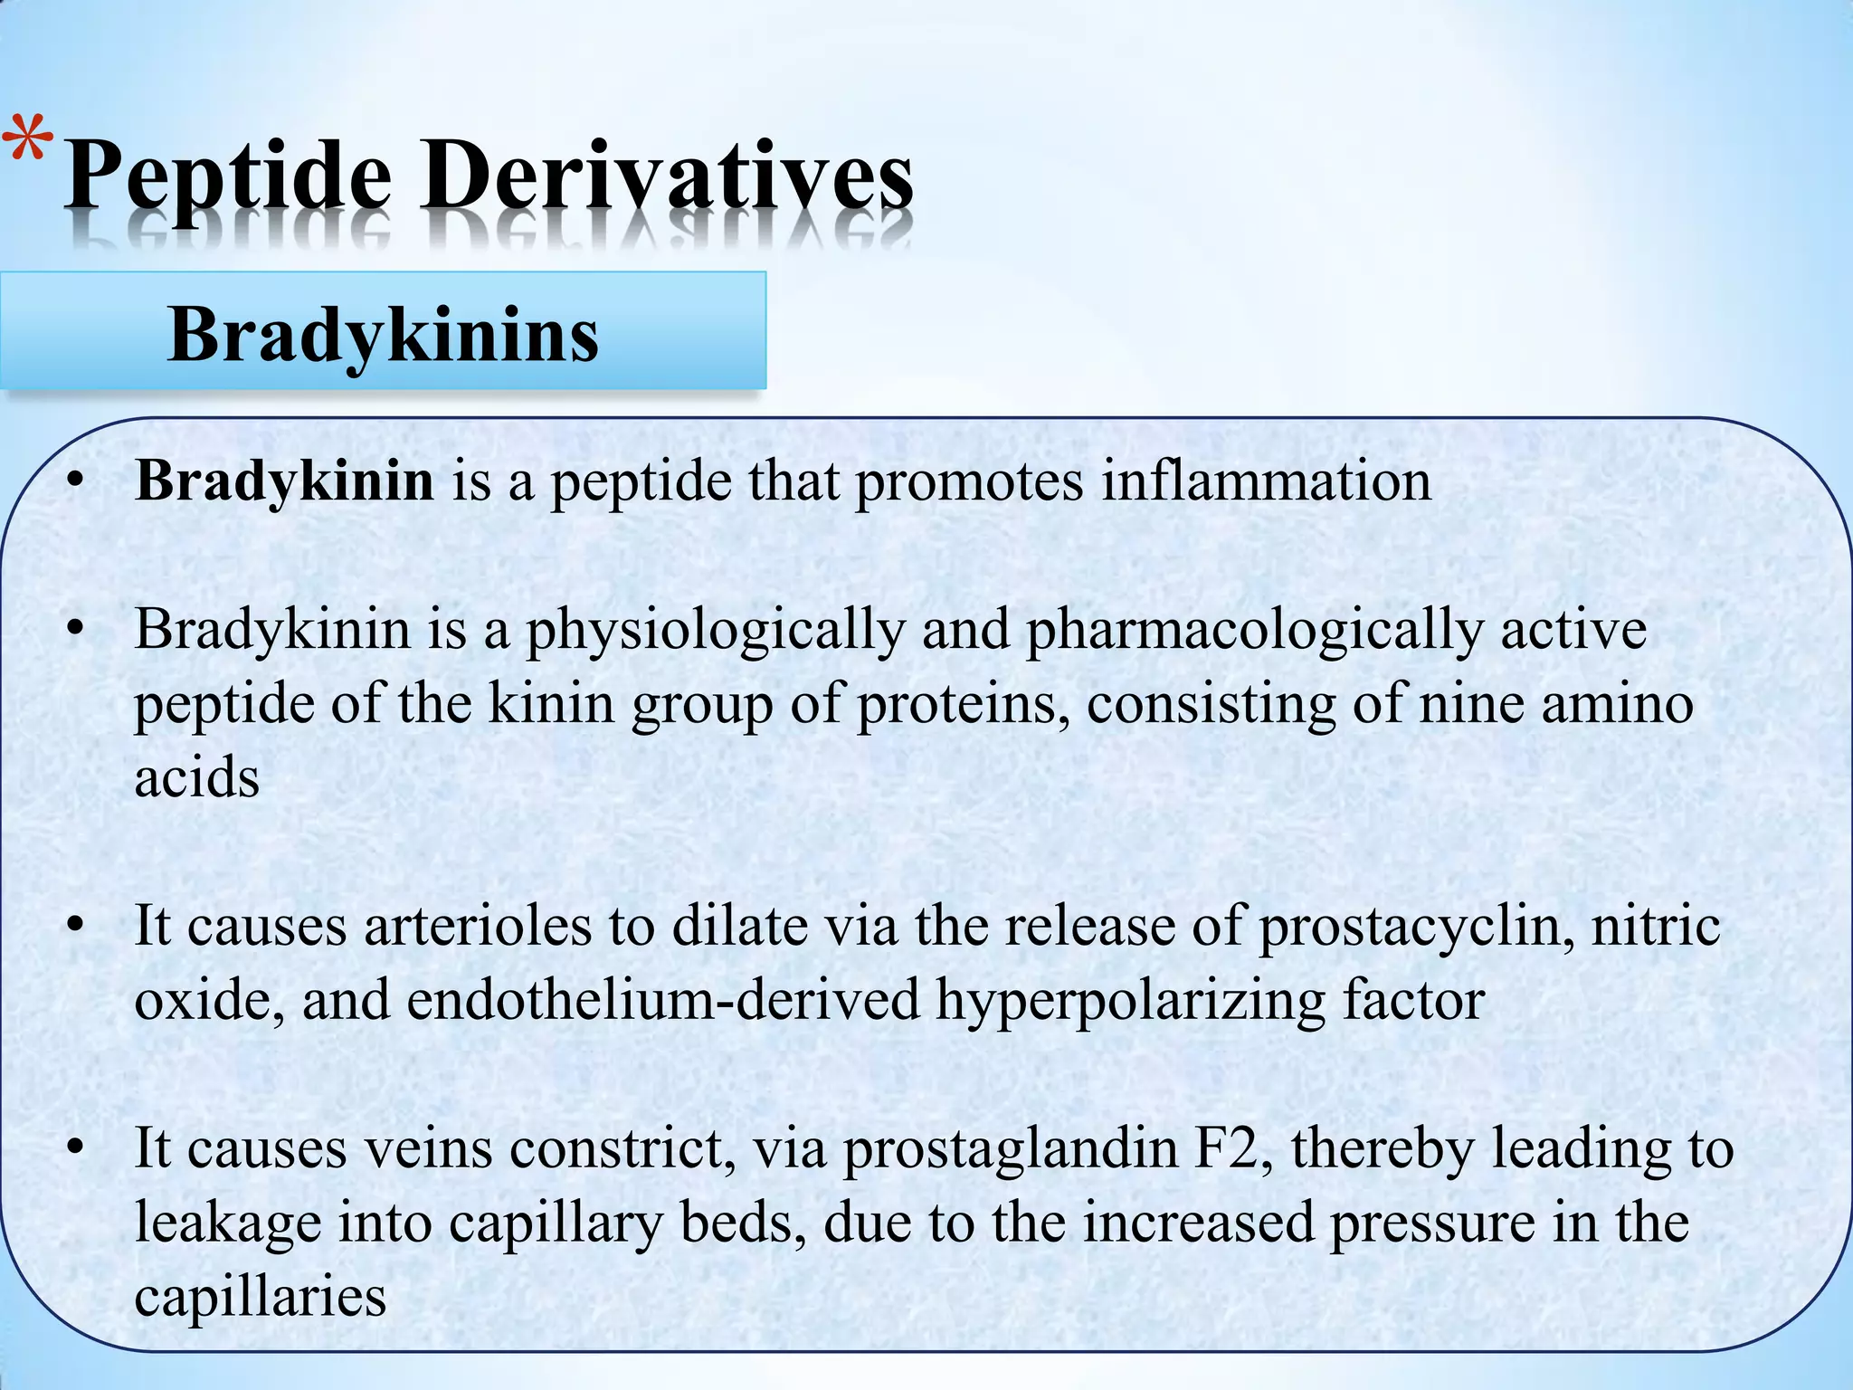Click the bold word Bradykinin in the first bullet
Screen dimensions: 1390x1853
click(284, 481)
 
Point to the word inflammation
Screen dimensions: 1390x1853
click(1266, 481)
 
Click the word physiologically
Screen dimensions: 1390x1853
click(716, 630)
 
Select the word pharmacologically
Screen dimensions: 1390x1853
click(1253, 630)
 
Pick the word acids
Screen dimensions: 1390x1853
click(197, 777)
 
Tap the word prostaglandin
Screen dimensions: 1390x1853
click(1010, 1149)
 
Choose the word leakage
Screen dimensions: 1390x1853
click(228, 1223)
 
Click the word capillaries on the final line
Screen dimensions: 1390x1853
click(261, 1298)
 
